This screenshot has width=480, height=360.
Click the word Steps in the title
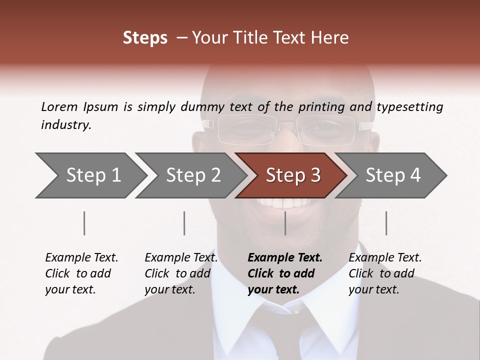[145, 38]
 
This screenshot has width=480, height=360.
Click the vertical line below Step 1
[84, 223]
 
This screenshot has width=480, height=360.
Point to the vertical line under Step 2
[184, 223]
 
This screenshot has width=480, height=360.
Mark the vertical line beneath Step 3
[285, 223]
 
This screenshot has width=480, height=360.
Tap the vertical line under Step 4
[386, 223]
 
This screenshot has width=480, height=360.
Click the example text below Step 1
[81, 273]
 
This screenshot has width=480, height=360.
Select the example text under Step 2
[181, 273]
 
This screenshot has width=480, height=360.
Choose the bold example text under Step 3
[285, 273]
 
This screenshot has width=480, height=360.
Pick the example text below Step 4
[385, 273]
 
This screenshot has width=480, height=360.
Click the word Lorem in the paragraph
[59, 106]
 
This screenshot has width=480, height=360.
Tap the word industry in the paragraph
[66, 125]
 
